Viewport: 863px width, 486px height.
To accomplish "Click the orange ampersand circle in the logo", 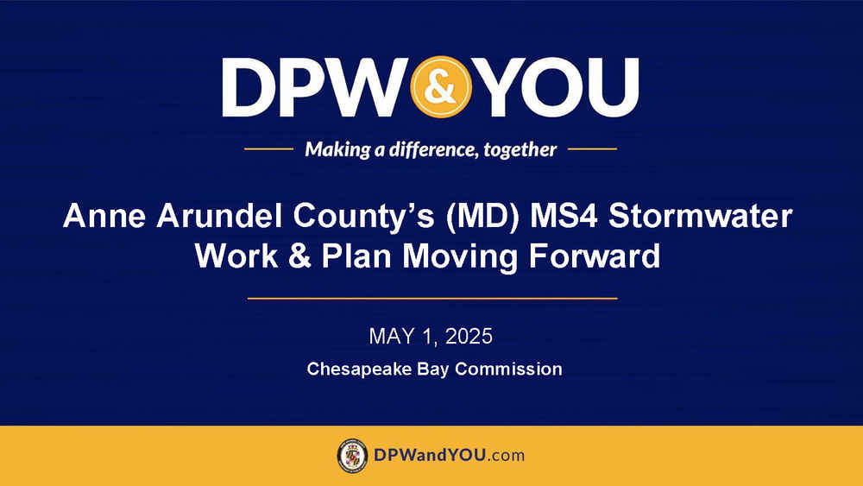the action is click(441, 87).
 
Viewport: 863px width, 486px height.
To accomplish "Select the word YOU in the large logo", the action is click(557, 87).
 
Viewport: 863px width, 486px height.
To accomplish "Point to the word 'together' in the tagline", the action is click(520, 149).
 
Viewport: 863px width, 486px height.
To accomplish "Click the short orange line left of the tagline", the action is click(268, 148).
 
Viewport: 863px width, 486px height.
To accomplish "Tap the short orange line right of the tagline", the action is click(592, 148).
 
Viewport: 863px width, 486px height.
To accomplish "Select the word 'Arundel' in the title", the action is click(220, 216).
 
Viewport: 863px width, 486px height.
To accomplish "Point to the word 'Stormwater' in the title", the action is click(700, 216).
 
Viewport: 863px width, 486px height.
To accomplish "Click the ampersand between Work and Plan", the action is click(299, 256).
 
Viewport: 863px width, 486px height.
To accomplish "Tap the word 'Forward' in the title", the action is click(594, 256).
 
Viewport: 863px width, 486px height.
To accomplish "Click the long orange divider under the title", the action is click(432, 299).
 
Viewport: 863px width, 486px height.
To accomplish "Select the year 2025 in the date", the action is click(469, 337).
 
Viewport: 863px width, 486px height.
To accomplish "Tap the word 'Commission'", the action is click(508, 369).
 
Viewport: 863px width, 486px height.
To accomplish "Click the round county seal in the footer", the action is click(352, 456).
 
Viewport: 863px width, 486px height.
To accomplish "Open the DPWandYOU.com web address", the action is click(449, 455).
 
